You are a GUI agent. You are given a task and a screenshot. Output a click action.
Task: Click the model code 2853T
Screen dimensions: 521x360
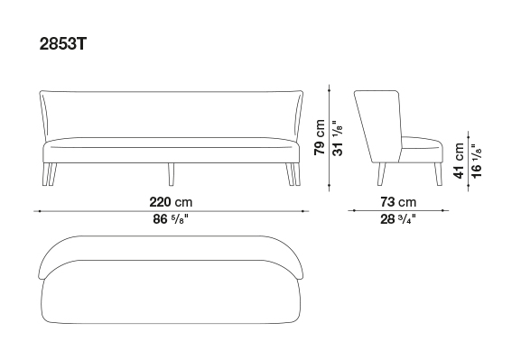click(x=63, y=43)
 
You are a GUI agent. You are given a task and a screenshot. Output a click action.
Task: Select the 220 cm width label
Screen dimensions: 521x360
click(x=171, y=202)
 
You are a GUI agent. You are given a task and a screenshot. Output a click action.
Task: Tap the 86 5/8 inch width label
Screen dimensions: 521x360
click(x=171, y=219)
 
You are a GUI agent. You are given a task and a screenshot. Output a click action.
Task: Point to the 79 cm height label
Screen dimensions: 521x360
click(x=320, y=137)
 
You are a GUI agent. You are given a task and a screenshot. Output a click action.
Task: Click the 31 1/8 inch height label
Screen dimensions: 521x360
click(x=338, y=138)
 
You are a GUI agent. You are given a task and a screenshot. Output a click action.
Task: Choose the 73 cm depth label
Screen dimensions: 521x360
click(x=398, y=202)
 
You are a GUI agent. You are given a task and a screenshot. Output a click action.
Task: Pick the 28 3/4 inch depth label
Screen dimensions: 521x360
click(x=398, y=219)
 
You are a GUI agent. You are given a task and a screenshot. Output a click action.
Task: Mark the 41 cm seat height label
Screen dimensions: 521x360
click(x=459, y=161)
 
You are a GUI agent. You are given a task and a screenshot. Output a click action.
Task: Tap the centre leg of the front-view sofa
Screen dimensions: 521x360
click(x=171, y=174)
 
